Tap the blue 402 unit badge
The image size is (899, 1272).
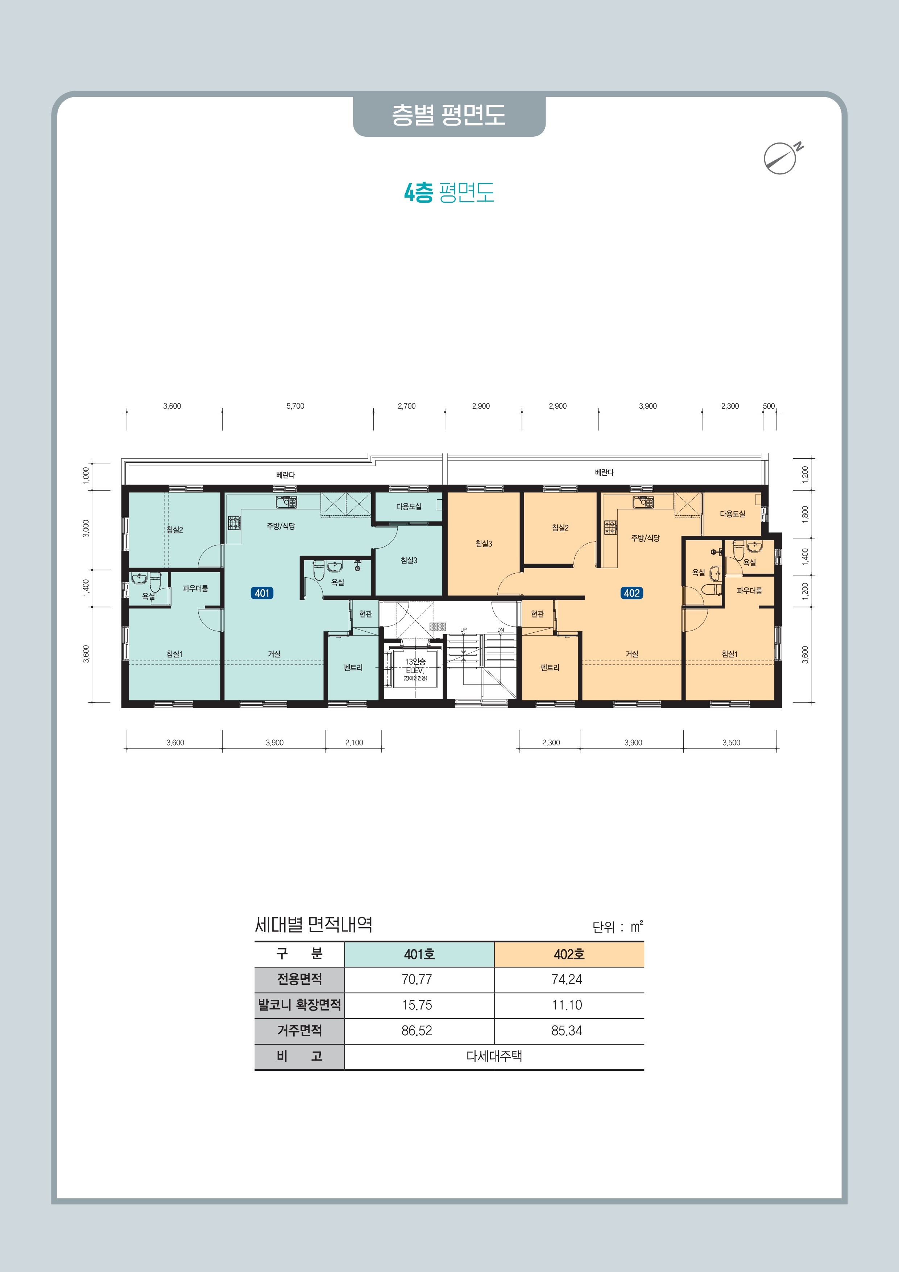(631, 593)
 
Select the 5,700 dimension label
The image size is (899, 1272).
(295, 406)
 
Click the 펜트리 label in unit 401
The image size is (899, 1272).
(353, 668)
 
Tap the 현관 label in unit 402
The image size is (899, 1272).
(537, 614)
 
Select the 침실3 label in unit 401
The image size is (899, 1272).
(409, 560)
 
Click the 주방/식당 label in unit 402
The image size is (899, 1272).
(645, 538)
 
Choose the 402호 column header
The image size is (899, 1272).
(569, 954)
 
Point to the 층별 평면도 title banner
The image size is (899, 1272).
(449, 115)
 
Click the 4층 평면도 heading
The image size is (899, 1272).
(449, 192)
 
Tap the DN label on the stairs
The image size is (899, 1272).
(501, 630)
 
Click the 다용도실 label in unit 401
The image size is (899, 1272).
(409, 506)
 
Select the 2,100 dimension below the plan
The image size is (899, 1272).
(354, 742)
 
